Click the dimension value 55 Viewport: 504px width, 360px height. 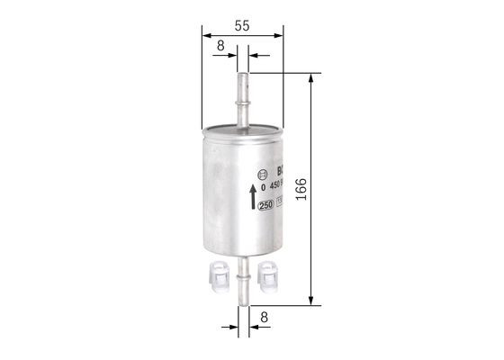coord(240,26)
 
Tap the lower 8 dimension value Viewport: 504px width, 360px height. coord(263,317)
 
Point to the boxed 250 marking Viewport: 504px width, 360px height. coord(265,205)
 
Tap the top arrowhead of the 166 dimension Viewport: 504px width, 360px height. coord(311,79)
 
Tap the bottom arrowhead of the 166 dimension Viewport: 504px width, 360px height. coord(311,301)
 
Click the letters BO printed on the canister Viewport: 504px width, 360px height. coord(278,170)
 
